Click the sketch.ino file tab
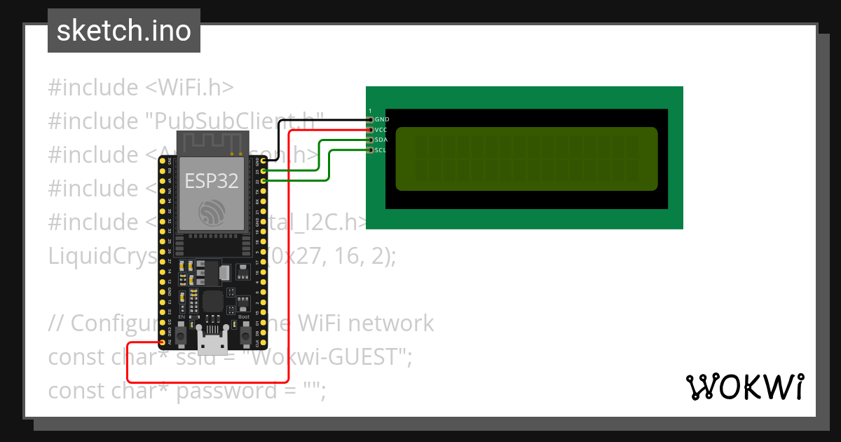(x=124, y=31)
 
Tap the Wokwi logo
(x=744, y=387)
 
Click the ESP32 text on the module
(x=211, y=180)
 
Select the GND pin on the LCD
(x=371, y=120)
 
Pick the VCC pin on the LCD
(x=371, y=130)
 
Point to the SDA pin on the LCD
(x=371, y=140)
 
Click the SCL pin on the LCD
(x=371, y=150)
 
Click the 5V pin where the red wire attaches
(x=162, y=342)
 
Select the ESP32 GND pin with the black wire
(x=264, y=161)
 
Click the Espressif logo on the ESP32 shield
(x=211, y=211)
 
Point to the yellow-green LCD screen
(x=527, y=159)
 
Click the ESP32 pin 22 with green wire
(x=264, y=181)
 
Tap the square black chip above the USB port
(x=213, y=302)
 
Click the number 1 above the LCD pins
(x=370, y=112)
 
